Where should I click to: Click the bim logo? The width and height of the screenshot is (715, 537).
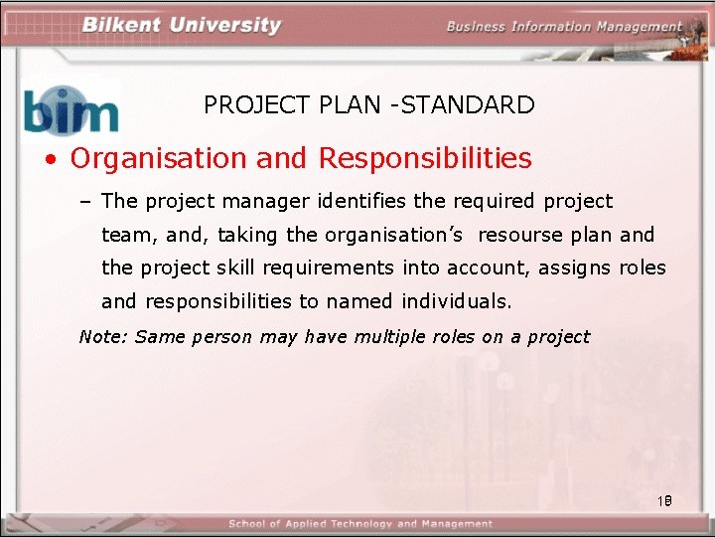71,109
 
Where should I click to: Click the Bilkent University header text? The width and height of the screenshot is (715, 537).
182,25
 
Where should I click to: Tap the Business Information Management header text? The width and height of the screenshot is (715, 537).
564,27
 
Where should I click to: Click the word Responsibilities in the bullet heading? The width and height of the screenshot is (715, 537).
425,158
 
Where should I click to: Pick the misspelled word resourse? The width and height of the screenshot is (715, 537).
523,235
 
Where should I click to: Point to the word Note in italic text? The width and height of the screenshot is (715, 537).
101,336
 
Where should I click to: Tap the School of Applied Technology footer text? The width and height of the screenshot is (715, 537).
360,524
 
